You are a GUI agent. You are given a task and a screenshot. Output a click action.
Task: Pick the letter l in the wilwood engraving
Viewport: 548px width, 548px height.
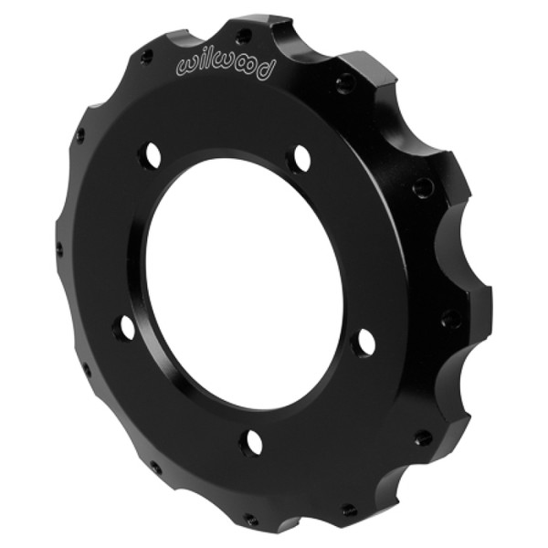pyautogui.click(x=205, y=59)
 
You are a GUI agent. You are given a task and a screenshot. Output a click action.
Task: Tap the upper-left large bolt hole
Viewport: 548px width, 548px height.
pyautogui.click(x=149, y=157)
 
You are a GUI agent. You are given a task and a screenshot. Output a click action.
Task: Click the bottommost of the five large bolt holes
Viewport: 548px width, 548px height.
pyautogui.click(x=251, y=442)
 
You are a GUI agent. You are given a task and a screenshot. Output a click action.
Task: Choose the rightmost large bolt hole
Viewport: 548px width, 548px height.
pyautogui.click(x=364, y=342)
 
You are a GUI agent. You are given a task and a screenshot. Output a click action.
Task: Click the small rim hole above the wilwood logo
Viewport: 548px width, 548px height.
pyautogui.click(x=242, y=37)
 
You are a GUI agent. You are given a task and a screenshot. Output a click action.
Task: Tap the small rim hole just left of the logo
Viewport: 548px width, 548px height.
pyautogui.click(x=146, y=57)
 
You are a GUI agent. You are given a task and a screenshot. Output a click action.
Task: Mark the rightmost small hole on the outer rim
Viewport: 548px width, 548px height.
pyautogui.click(x=451, y=319)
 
